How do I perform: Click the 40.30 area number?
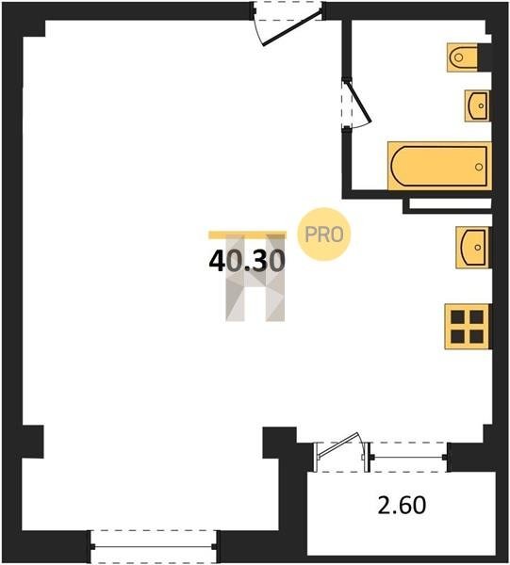point(247,261)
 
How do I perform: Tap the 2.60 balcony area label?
point(402,505)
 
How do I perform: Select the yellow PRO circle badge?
point(324,234)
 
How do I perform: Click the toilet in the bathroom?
point(462,57)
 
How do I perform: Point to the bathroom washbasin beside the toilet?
point(477,105)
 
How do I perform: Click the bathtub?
point(439,166)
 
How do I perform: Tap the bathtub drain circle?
point(479,167)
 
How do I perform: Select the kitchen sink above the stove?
point(473,247)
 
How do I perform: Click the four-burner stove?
point(468,327)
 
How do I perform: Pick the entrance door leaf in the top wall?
point(292,28)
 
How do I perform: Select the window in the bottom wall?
point(154,546)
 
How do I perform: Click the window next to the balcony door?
point(409,457)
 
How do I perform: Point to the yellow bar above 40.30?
point(247,234)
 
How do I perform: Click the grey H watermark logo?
point(255,278)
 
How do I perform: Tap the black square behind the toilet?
point(485,57)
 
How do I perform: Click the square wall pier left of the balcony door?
point(280,443)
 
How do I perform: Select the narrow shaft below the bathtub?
point(450,204)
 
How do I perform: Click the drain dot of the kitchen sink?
point(478,248)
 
